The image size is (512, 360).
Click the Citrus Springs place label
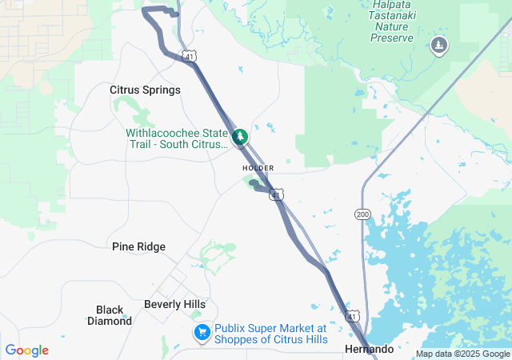point(145,90)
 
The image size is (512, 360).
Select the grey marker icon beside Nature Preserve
point(438,46)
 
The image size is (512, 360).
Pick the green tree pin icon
point(239,138)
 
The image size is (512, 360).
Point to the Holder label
point(258,168)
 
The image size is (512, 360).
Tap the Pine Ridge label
point(138,246)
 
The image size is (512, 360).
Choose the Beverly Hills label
point(174,304)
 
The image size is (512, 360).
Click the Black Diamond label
point(110,315)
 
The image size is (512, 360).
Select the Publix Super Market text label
point(271,334)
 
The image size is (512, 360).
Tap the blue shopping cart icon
point(202,331)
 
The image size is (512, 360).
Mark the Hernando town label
point(369,350)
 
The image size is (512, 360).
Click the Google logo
point(26,350)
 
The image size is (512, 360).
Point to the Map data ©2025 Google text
point(462,354)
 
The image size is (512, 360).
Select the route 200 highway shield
point(362,214)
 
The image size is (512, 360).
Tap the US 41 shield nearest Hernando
point(353,318)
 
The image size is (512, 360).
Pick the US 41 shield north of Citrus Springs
point(188,57)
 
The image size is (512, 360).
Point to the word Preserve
point(392,38)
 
